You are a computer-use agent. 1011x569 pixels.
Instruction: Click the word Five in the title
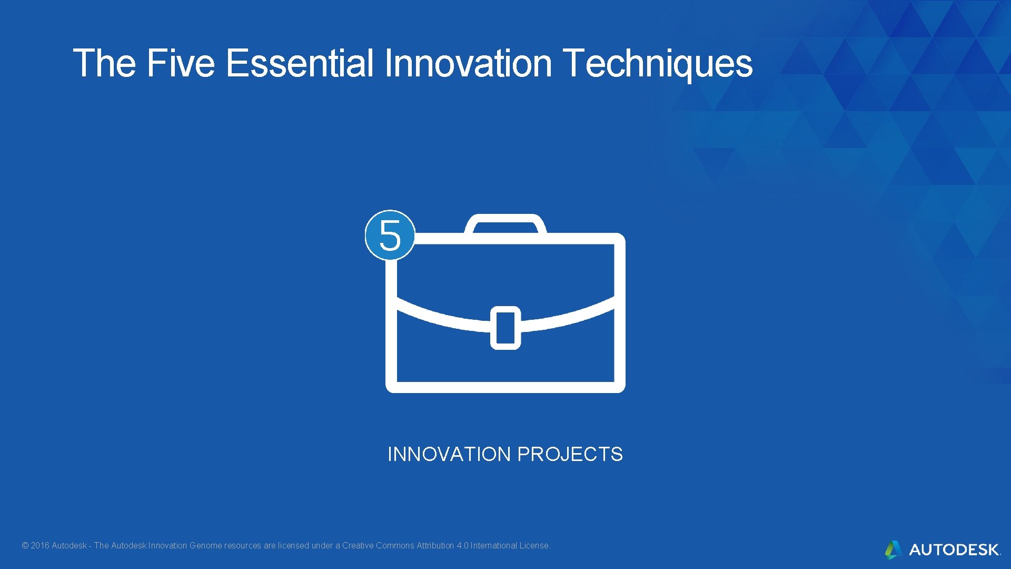[181, 63]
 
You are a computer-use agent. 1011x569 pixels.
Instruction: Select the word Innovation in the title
[468, 63]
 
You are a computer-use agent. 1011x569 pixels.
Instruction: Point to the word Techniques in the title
[658, 63]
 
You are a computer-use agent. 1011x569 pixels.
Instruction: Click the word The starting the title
[105, 63]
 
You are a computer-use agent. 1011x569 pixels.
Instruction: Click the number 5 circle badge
[390, 235]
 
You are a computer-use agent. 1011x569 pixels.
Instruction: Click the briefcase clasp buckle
[506, 327]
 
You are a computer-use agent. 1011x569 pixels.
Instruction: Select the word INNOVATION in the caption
[449, 454]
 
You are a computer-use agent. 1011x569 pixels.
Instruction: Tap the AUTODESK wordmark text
[954, 550]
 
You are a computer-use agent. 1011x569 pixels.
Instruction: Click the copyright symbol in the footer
[25, 546]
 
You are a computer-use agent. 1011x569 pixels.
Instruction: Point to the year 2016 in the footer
[40, 546]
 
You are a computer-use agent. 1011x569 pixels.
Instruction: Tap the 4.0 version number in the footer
[462, 546]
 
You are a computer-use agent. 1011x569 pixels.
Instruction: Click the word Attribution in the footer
[435, 546]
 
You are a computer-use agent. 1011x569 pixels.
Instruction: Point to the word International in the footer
[493, 546]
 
